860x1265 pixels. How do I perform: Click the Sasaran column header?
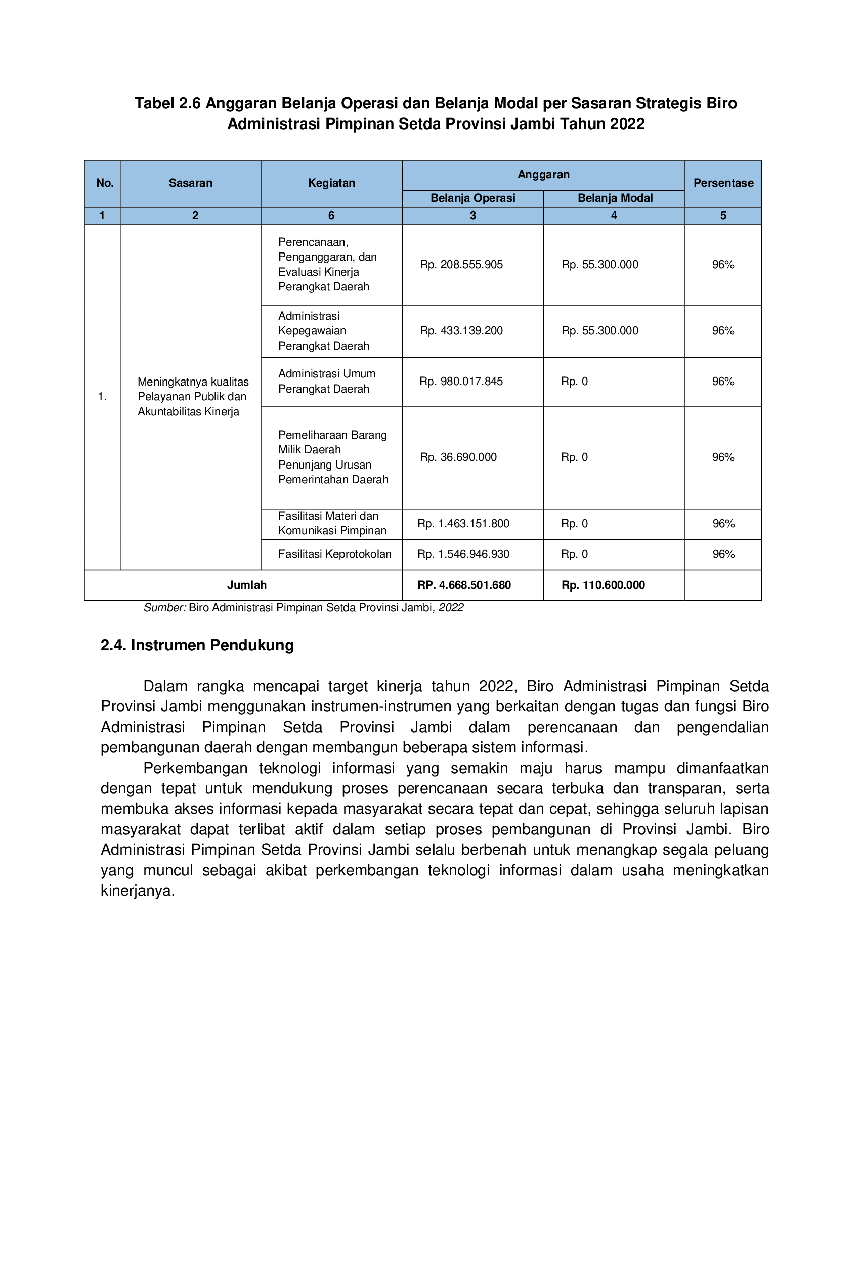click(x=190, y=183)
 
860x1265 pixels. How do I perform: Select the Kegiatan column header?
click(x=331, y=183)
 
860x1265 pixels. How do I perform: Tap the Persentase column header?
click(x=723, y=183)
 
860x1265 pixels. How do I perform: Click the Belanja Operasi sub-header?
click(x=472, y=198)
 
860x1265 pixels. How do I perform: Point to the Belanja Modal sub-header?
click(x=615, y=198)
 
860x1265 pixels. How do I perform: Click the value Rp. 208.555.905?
click(x=461, y=265)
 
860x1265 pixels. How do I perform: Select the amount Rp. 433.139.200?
click(x=461, y=331)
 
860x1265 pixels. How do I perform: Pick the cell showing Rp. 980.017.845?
click(x=461, y=382)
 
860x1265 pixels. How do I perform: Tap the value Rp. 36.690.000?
click(x=458, y=457)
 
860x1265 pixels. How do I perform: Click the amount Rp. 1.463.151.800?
click(x=463, y=524)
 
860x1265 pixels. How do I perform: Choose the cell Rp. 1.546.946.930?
click(x=463, y=554)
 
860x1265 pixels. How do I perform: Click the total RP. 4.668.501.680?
click(x=464, y=585)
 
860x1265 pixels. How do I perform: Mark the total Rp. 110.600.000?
click(x=603, y=585)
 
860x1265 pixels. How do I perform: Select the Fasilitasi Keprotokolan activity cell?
click(x=335, y=554)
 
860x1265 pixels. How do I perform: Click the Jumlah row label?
click(x=246, y=585)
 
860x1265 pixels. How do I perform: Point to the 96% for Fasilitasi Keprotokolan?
click(x=723, y=554)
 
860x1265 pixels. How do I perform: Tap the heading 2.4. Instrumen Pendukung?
click(x=197, y=645)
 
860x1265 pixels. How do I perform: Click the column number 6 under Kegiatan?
click(x=331, y=216)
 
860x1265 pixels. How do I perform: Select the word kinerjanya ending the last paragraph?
click(x=137, y=891)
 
